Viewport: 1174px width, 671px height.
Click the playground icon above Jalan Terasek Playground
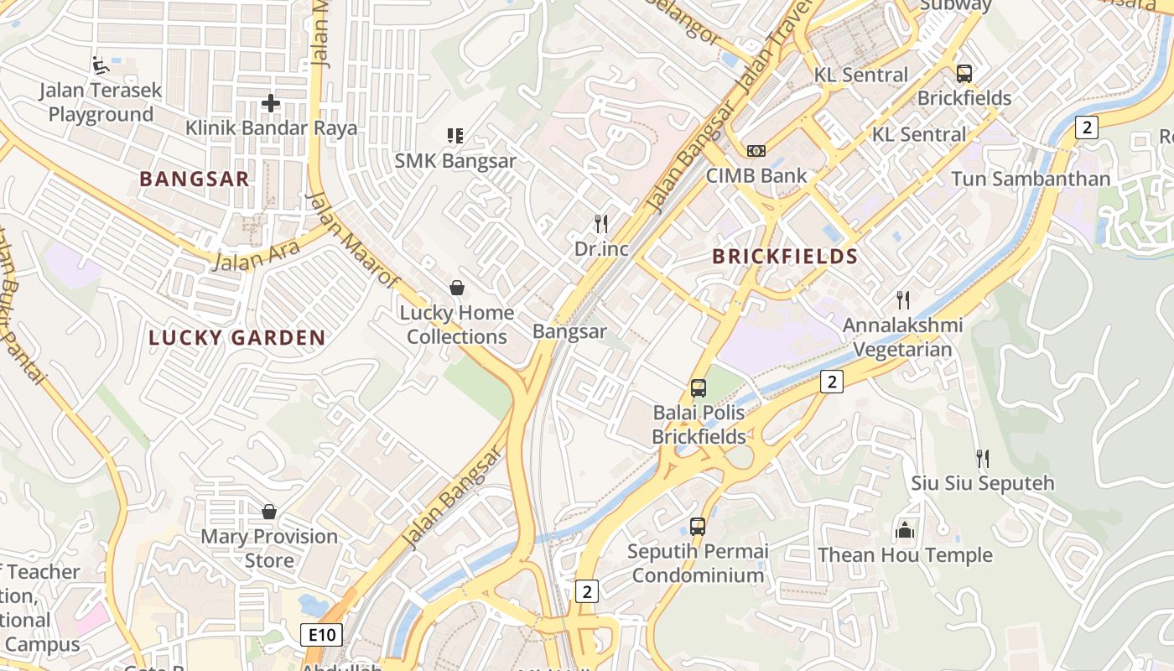click(100, 64)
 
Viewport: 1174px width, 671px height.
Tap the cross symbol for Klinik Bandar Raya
click(270, 103)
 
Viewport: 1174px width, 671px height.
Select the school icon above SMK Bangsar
click(455, 136)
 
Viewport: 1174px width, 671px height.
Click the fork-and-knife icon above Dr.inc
click(600, 223)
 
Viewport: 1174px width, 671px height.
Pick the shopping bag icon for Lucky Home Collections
click(457, 288)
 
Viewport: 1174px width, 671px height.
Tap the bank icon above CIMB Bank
click(756, 151)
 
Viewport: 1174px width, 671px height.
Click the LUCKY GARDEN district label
click(236, 338)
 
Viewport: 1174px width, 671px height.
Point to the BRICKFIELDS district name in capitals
click(785, 257)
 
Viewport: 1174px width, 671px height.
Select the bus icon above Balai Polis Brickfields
click(698, 388)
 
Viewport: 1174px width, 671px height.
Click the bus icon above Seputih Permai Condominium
click(698, 527)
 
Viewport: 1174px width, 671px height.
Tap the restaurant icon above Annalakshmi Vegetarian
click(902, 299)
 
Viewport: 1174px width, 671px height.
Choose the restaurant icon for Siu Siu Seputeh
click(982, 458)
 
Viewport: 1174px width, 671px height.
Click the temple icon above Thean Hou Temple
click(904, 530)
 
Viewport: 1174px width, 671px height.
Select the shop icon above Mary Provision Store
click(269, 511)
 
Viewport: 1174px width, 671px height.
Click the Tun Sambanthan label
click(1030, 179)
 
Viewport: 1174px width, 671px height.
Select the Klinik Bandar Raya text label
click(271, 128)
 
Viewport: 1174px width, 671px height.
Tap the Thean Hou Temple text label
click(904, 555)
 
